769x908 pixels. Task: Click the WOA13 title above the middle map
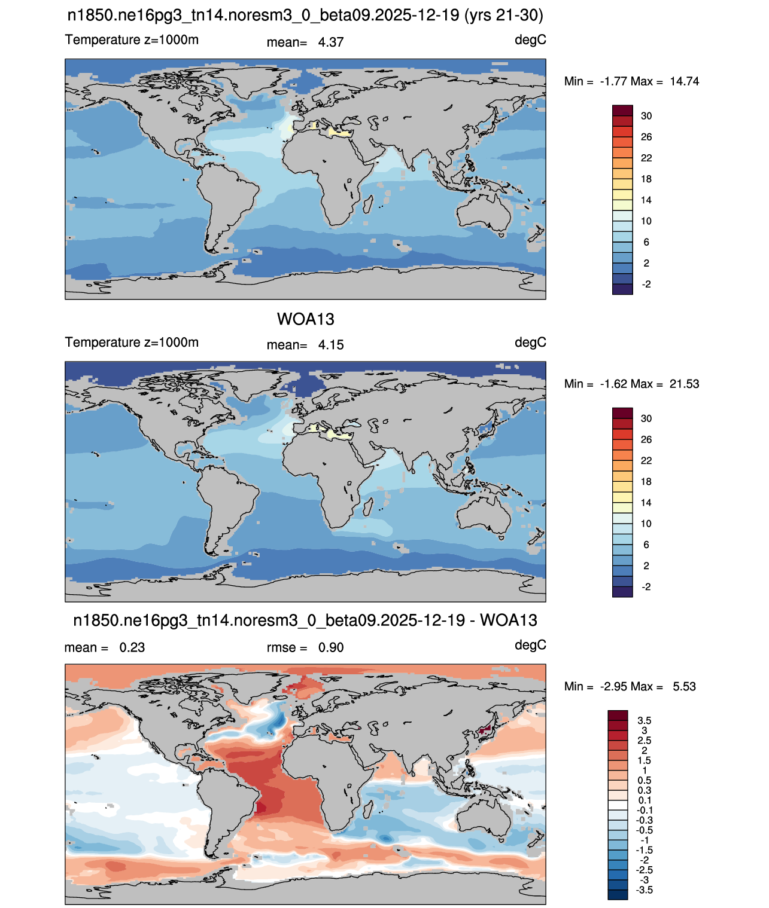(x=305, y=319)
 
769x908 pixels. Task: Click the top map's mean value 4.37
(x=330, y=42)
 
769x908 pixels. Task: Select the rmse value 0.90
(x=330, y=647)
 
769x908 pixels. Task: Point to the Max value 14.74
(x=684, y=81)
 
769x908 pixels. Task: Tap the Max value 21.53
(x=684, y=384)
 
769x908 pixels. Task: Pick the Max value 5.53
(x=684, y=687)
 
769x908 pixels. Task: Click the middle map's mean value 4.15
(x=330, y=345)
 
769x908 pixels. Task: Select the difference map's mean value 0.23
(x=132, y=647)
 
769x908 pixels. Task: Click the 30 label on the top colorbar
(x=646, y=116)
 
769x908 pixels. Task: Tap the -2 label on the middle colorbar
(x=646, y=587)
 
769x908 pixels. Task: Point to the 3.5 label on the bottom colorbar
(x=644, y=720)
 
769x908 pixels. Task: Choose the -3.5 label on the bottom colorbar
(x=644, y=891)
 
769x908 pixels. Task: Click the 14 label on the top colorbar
(x=646, y=200)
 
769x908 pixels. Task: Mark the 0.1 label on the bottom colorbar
(x=644, y=800)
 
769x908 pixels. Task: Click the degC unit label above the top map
(x=530, y=40)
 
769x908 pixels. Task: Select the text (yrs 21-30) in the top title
(x=503, y=16)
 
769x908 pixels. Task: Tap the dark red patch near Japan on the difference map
(x=485, y=730)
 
